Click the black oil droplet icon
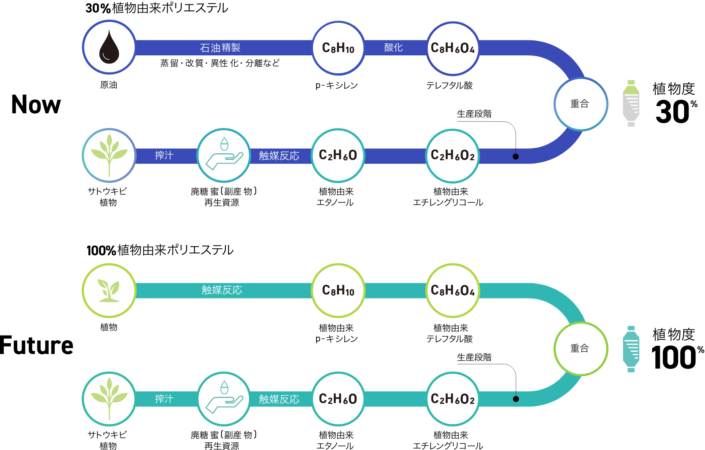109,47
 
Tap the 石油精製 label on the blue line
220,48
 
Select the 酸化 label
393,48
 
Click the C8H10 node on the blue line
338,48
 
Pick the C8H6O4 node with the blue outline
453,48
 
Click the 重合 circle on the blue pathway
580,104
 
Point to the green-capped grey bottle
631,103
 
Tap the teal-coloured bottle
631,349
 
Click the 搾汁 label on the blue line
164,156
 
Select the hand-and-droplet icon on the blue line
224,156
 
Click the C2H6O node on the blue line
338,156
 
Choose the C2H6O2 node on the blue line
452,156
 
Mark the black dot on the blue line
516,157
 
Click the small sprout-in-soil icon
109,290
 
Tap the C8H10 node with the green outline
338,290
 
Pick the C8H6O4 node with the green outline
453,290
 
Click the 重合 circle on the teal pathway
580,348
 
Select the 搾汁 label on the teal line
164,399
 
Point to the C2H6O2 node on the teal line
452,399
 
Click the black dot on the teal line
516,399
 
